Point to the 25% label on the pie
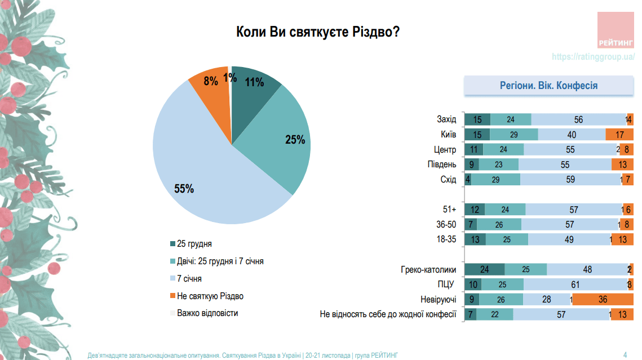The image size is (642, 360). click(x=294, y=140)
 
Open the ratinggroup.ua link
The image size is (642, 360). click(x=593, y=57)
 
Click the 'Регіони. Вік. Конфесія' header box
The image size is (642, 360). click(x=548, y=86)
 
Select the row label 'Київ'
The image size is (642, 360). click(x=448, y=135)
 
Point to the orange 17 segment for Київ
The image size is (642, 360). click(x=619, y=135)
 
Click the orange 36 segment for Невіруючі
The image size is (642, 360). click(x=603, y=300)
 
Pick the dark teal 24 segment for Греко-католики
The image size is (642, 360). click(x=484, y=269)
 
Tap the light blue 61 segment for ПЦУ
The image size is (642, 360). click(x=575, y=285)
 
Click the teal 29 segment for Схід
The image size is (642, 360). click(x=495, y=180)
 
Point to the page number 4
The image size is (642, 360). click(x=625, y=354)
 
